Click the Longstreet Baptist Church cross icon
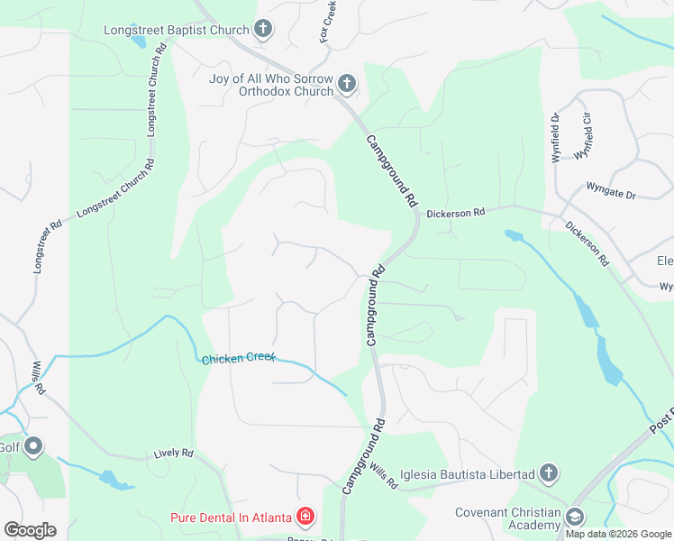click(263, 31)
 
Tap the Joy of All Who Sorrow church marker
click(347, 86)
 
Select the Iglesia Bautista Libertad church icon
click(549, 473)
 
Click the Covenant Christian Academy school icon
click(574, 517)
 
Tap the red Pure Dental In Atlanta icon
click(305, 517)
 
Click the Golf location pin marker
click(34, 446)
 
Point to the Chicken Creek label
click(238, 359)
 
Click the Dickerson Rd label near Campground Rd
click(456, 213)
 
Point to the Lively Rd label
click(174, 454)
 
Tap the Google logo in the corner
click(30, 529)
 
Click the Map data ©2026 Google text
click(617, 534)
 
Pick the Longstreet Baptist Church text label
click(177, 30)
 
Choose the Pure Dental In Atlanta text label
click(232, 518)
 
